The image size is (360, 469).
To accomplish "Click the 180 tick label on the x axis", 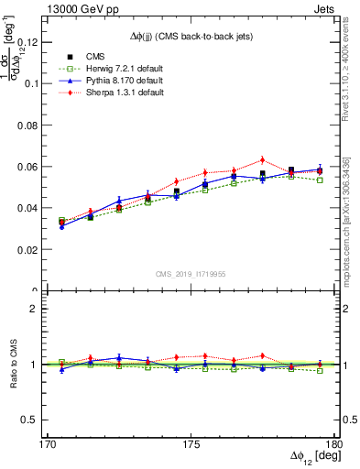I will tap(335, 444).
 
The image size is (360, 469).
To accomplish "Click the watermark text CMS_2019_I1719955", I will tap(191, 273).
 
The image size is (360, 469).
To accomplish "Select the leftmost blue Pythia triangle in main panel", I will tap(61, 226).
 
